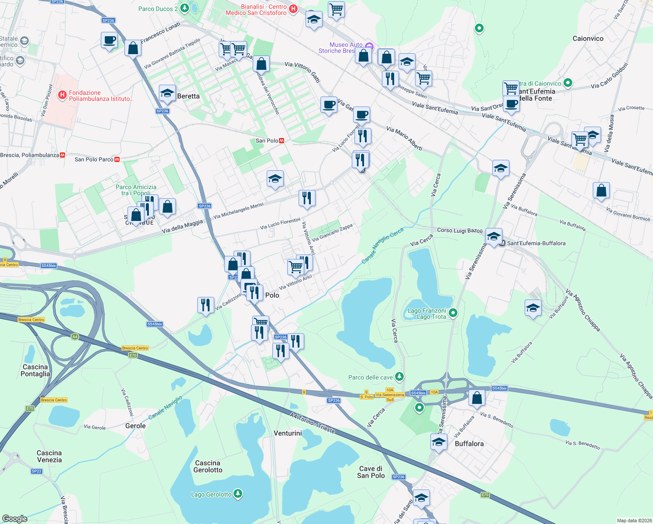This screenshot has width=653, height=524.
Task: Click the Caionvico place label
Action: (x=588, y=38)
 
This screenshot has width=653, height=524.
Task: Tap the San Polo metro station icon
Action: (x=282, y=141)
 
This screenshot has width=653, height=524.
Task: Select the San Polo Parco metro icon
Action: (x=117, y=159)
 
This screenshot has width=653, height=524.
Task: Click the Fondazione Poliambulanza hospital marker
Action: (x=62, y=94)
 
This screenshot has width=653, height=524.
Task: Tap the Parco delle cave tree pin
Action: (x=399, y=376)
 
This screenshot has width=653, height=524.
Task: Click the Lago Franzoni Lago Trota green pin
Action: (x=453, y=313)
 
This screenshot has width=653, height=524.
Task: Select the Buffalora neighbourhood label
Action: (x=469, y=444)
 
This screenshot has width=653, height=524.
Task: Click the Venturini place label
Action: (x=288, y=433)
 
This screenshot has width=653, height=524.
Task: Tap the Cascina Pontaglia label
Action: (x=35, y=370)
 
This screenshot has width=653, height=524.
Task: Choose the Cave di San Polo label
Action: (x=371, y=472)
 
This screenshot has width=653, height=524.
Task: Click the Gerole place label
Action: (x=135, y=426)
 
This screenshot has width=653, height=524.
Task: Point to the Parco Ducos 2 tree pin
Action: (x=185, y=8)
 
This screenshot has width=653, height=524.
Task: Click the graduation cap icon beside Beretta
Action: (x=167, y=93)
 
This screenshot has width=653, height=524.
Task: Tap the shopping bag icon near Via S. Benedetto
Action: (x=477, y=398)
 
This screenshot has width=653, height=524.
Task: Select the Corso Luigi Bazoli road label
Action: (x=460, y=230)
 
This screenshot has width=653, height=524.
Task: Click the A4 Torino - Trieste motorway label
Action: (x=312, y=423)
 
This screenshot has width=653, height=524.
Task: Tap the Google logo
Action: (x=15, y=518)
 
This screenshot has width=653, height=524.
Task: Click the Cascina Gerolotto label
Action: (x=208, y=466)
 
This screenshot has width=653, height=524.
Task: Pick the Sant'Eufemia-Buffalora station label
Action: (x=536, y=243)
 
